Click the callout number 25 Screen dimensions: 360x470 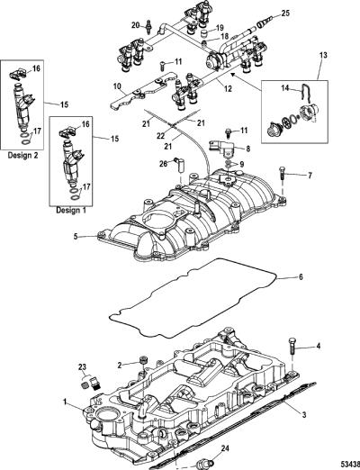coord(285,14)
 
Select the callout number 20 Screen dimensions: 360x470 coord(135,25)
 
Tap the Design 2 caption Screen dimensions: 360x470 coord(23,155)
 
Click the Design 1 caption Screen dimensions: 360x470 coord(71,210)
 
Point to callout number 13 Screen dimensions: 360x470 coord(315,55)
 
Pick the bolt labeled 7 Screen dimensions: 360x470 coord(283,174)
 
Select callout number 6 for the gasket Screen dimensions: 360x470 coord(301,276)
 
